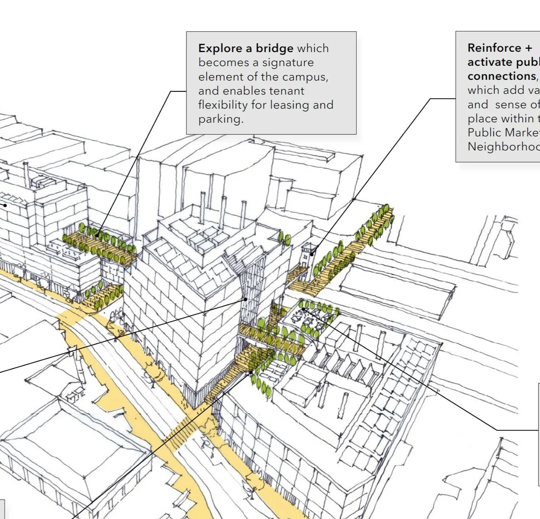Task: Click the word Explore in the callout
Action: point(220,48)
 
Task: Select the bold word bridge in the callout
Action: point(274,48)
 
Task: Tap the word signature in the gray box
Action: point(288,63)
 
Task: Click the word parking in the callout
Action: point(220,119)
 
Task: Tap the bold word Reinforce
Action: point(494,48)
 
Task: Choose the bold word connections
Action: point(502,76)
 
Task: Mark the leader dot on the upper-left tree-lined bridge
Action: point(98,236)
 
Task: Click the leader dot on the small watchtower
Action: point(313,253)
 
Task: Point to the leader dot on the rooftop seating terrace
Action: point(303,309)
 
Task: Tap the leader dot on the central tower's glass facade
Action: point(246,299)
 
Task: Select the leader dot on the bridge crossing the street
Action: point(251,372)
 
